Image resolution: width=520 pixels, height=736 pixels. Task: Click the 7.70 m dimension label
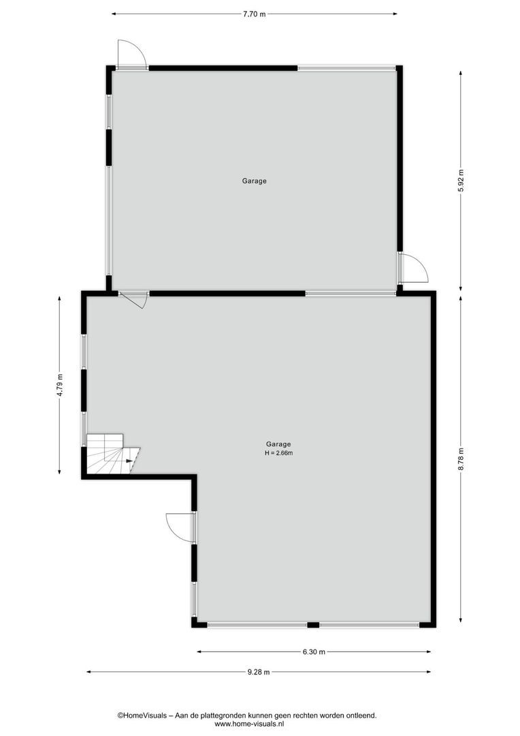pyautogui.click(x=254, y=14)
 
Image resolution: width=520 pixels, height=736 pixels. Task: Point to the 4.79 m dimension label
pyautogui.click(x=60, y=386)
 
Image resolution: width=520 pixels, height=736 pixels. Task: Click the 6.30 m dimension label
pyautogui.click(x=314, y=652)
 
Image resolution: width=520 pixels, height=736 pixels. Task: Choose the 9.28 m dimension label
pyautogui.click(x=259, y=672)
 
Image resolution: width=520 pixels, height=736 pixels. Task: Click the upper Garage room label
pyautogui.click(x=254, y=181)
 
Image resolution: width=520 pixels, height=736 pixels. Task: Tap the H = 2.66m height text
pyautogui.click(x=278, y=453)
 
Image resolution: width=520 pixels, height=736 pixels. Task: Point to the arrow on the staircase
pyautogui.click(x=129, y=461)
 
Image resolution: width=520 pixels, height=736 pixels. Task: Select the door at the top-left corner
pyautogui.click(x=131, y=55)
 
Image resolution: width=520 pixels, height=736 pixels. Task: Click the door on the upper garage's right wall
pyautogui.click(x=412, y=267)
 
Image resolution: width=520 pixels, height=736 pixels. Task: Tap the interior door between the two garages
pyautogui.click(x=134, y=298)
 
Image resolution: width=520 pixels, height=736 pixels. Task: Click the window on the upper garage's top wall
pyautogui.click(x=346, y=68)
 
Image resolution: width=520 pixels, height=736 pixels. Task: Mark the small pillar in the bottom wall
pyautogui.click(x=313, y=625)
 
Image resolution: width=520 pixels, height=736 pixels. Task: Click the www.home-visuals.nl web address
pyautogui.click(x=248, y=724)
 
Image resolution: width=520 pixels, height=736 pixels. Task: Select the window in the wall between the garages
pyautogui.click(x=351, y=294)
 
